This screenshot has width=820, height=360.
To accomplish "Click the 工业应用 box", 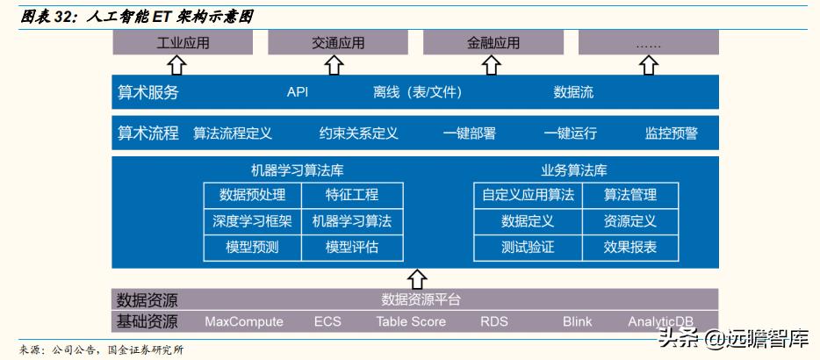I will [183, 42].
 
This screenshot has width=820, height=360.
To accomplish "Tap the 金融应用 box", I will [493, 42].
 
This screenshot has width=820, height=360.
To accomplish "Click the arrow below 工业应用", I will [177, 64].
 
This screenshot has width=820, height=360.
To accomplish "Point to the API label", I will [298, 92].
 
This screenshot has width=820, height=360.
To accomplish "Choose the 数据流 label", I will [573, 92].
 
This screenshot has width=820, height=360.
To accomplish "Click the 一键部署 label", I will [469, 133].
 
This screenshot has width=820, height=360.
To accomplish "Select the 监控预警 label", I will [671, 133].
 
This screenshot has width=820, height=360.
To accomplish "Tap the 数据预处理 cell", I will [252, 195].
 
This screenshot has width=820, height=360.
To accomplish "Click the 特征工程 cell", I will [352, 195].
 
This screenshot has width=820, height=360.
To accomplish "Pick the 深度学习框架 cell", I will [252, 221].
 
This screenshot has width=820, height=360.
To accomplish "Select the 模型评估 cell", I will [352, 248].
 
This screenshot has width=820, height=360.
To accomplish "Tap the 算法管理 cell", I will [629, 195].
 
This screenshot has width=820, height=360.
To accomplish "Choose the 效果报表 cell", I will [629, 248].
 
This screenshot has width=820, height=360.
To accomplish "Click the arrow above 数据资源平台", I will [418, 277].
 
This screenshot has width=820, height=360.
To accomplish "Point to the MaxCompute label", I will [244, 321].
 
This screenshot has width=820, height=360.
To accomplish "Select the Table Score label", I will [411, 321].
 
